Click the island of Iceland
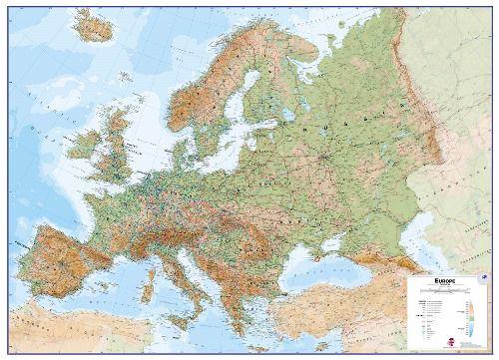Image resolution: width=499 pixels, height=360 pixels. (94, 24)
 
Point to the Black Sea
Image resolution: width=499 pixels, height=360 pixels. (329, 254)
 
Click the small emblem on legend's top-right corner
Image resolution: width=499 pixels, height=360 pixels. (484, 280)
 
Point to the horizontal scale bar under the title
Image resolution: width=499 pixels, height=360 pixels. (445, 291)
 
